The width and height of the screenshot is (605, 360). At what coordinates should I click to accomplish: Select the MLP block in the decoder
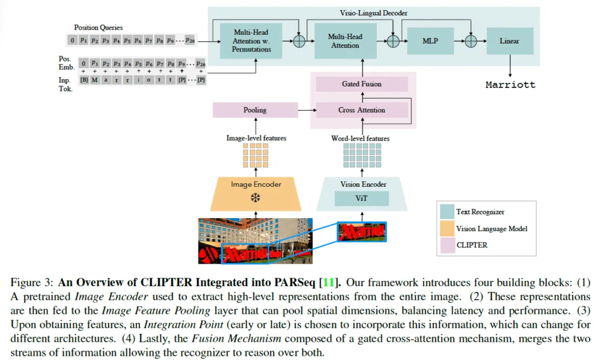click(431, 41)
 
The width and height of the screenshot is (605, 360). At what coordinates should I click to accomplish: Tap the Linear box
click(510, 41)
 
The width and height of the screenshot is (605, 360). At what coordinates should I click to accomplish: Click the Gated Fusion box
click(362, 84)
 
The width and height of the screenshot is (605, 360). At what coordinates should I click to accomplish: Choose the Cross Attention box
click(362, 110)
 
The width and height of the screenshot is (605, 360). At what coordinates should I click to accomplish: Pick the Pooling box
click(255, 110)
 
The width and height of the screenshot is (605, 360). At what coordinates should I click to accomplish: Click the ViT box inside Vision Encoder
click(362, 199)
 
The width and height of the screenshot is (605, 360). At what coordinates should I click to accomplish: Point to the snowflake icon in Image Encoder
click(255, 198)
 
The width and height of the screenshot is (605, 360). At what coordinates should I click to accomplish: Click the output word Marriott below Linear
click(510, 85)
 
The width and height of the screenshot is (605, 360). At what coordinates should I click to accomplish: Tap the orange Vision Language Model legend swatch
click(447, 228)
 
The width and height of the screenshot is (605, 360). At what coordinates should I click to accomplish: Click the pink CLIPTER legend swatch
click(447, 244)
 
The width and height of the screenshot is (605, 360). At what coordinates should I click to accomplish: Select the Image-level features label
click(256, 138)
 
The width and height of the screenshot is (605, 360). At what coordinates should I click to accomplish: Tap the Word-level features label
click(362, 138)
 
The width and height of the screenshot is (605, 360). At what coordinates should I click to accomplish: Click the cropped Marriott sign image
click(362, 232)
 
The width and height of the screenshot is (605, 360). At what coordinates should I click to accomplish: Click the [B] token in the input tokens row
click(84, 80)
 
